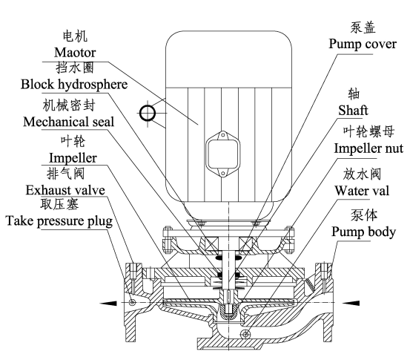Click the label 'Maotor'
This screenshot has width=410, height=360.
click(x=75, y=53)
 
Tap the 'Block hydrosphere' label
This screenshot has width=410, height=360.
click(x=74, y=85)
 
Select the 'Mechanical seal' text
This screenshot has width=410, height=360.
click(x=68, y=122)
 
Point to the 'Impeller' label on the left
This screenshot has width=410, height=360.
click(x=73, y=158)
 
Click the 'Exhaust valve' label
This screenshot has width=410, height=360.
click(x=65, y=190)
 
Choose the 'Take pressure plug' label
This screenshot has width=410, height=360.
click(x=59, y=221)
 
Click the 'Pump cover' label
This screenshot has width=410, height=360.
click(x=363, y=44)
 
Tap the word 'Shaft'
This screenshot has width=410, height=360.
click(x=353, y=110)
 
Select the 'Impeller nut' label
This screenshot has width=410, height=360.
click(x=368, y=148)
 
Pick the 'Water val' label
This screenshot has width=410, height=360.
click(x=362, y=191)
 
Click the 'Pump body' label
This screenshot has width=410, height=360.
click(x=364, y=232)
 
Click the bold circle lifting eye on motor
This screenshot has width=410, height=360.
click(x=148, y=113)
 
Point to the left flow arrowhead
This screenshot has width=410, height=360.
click(x=108, y=303)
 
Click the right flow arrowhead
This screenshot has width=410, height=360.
click(x=351, y=303)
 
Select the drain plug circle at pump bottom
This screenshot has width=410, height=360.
click(x=245, y=333)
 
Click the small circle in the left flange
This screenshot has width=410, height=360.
click(x=132, y=302)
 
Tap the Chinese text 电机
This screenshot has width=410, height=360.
click(x=75, y=36)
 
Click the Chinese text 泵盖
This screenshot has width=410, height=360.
click(x=363, y=27)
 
